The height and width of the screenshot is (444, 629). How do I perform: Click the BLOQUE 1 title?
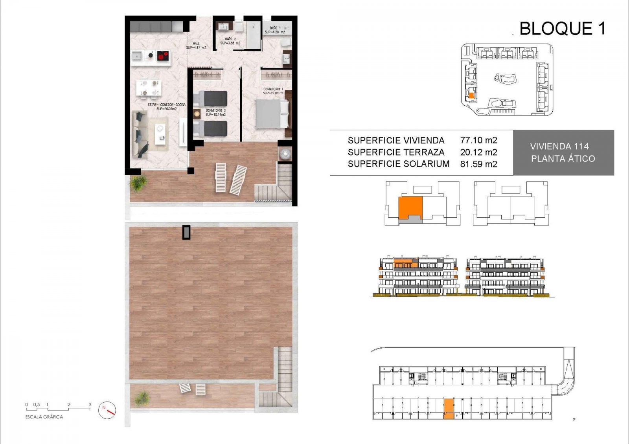[x=562, y=29]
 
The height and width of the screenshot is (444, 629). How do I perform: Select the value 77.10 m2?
[x=478, y=140]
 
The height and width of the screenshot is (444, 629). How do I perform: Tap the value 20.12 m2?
[x=478, y=152]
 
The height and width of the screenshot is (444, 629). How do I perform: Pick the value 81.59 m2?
[x=478, y=164]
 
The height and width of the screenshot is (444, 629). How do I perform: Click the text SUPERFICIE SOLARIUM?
[x=398, y=164]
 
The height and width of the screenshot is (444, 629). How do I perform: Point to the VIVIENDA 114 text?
[x=559, y=147]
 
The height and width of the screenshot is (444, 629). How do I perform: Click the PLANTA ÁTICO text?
[x=563, y=159]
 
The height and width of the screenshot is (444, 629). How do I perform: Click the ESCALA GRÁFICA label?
[x=44, y=417]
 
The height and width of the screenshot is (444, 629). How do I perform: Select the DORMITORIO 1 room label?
[x=273, y=91]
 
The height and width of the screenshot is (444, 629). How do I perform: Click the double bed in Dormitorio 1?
[x=271, y=114]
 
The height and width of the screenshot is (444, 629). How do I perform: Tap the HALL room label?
[x=196, y=46]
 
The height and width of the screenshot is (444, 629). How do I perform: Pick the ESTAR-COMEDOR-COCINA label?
[x=166, y=106]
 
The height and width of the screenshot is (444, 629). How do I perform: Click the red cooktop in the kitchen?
[x=163, y=56]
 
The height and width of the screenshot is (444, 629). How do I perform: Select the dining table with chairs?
[x=149, y=88]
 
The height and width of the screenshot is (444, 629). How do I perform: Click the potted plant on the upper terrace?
[x=138, y=183]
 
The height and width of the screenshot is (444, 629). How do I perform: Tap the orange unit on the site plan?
[x=471, y=95]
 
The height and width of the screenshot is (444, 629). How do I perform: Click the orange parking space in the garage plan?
[x=448, y=409]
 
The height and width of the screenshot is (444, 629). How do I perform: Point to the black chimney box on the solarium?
[x=186, y=232]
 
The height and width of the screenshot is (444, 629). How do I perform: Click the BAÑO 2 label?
[x=230, y=41]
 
